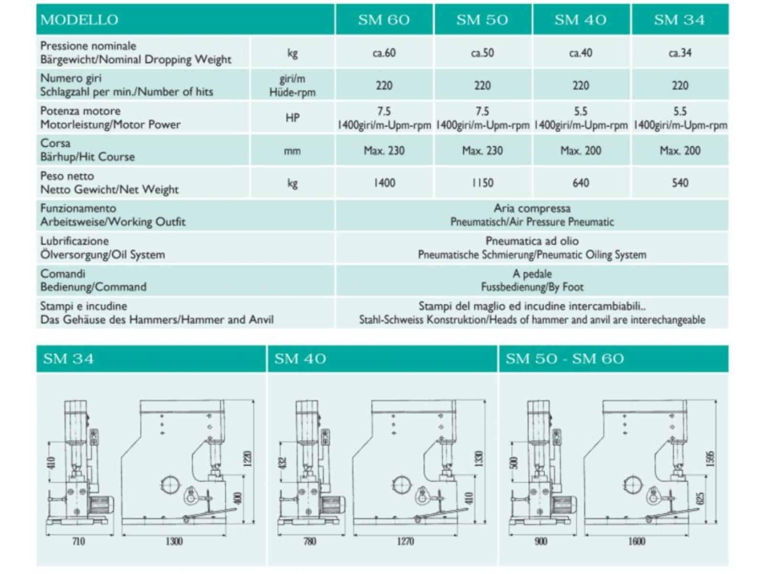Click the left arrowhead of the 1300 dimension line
coord(124,534)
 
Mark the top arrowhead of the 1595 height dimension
coord(716,401)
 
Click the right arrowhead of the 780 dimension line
coord(343,534)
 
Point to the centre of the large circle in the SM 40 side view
coord(402,486)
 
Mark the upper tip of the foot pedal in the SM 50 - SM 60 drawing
coord(699,508)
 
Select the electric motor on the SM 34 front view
coord(101,505)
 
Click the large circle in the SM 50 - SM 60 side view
coord(633,486)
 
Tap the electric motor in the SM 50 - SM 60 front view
coord(565,505)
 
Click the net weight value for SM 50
coord(483,183)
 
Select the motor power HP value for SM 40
coord(580,111)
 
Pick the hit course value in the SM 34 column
coord(680,151)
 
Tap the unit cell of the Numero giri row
coord(293,86)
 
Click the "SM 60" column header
coord(384,20)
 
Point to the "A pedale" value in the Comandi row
coord(532,274)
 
